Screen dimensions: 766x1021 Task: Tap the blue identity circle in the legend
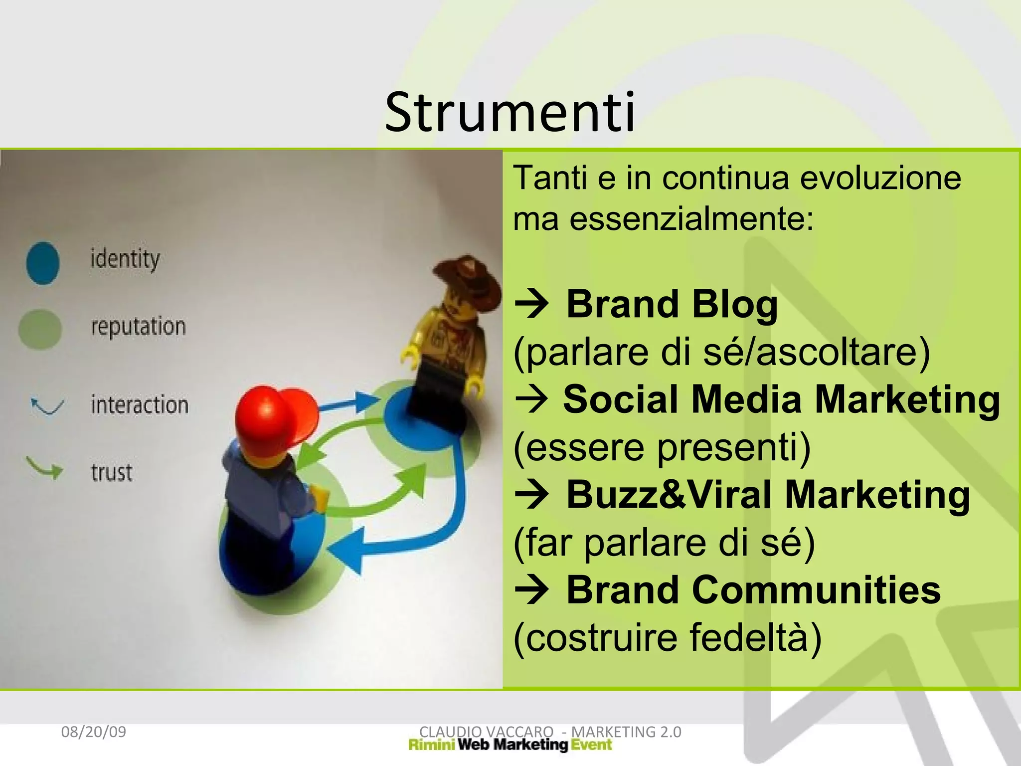click(x=43, y=263)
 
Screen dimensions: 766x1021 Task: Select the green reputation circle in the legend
click(x=40, y=329)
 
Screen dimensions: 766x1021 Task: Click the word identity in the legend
click(x=125, y=259)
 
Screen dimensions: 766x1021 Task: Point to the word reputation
click(x=138, y=327)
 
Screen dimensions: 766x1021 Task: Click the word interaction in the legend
click(x=140, y=404)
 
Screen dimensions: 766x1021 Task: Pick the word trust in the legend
click(x=112, y=472)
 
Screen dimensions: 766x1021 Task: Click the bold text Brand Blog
click(x=672, y=304)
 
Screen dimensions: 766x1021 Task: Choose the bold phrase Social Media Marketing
click(x=781, y=399)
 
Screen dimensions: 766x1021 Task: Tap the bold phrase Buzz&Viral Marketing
click(x=768, y=495)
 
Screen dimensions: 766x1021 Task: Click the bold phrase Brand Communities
click(x=753, y=590)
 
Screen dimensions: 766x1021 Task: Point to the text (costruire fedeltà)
click(x=667, y=637)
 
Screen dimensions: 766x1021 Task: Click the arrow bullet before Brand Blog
click(x=532, y=304)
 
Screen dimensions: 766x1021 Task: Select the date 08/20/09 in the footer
click(x=93, y=732)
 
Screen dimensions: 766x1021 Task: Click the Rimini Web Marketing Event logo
click(x=510, y=745)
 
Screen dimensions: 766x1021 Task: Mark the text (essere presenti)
click(x=662, y=447)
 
